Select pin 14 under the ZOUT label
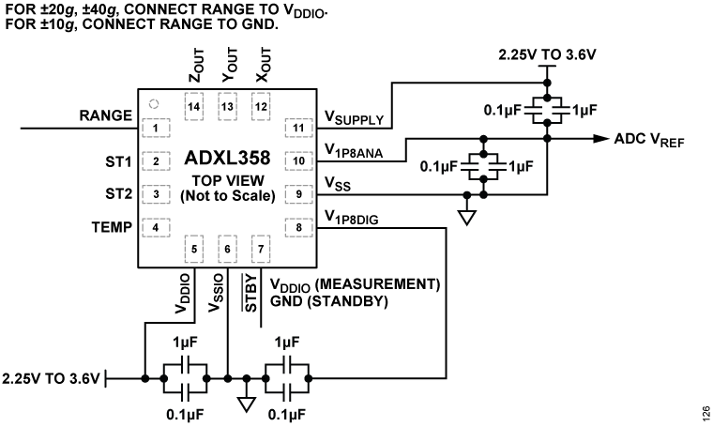(194, 107)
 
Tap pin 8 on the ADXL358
(299, 226)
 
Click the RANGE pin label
(104, 115)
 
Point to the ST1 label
(118, 160)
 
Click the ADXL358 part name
(227, 157)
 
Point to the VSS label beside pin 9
(338, 184)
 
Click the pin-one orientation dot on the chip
(155, 104)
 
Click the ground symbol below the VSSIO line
(246, 404)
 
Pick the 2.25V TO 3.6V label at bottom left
(50, 379)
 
